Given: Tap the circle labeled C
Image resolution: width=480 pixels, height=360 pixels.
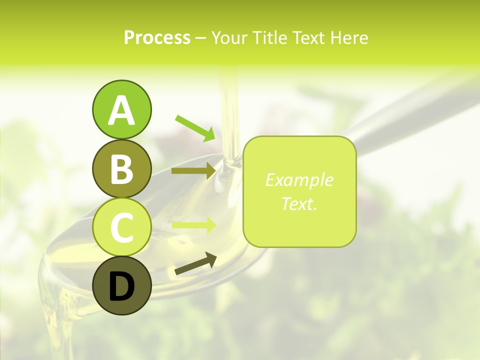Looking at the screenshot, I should point(121,227).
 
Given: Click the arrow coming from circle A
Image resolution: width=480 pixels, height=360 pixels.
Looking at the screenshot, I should point(195,127).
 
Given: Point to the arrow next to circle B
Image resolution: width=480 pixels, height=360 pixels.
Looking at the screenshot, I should point(193,171).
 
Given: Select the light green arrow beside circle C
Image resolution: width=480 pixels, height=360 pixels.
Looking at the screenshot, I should point(193,225).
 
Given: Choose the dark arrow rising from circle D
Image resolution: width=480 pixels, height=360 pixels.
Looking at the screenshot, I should point(195,263).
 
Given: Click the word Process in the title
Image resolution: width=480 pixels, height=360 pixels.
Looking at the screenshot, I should point(157,37).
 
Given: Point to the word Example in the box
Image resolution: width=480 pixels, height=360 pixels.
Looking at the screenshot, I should point(299,180).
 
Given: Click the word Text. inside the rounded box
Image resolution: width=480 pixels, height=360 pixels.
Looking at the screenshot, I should point(299,203).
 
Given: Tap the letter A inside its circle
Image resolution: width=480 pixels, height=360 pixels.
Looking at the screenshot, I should point(121,110).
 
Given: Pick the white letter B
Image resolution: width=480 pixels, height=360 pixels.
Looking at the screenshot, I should point(121,168).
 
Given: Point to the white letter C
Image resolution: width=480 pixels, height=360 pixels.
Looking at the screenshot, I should point(121,227).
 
